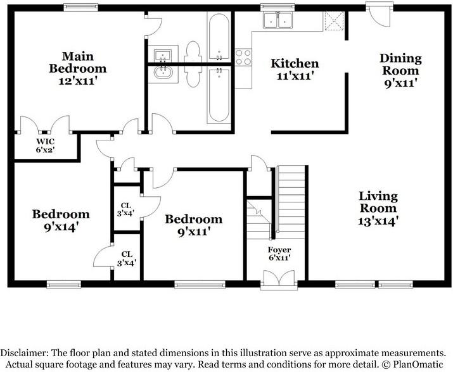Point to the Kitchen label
[x=295, y=63]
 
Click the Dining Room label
[x=400, y=64]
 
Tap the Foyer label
[x=279, y=249]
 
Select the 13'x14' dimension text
[x=378, y=221]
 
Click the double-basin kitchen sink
[x=279, y=22]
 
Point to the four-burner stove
[x=243, y=58]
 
